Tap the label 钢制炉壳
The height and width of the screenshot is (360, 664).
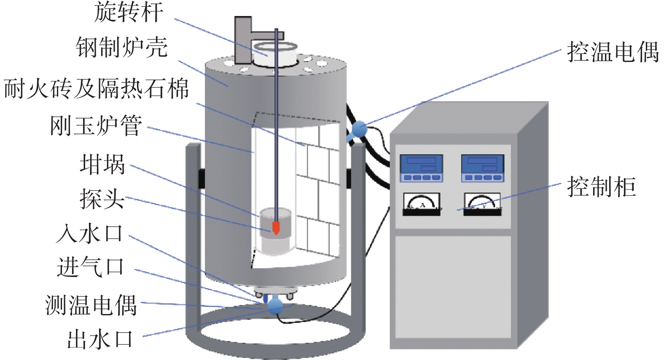(x=122, y=47)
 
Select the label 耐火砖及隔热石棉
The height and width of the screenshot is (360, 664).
(x=96, y=89)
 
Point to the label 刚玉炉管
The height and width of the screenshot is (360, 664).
(x=96, y=126)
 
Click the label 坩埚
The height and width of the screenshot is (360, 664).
(x=102, y=164)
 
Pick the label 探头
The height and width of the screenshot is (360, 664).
(x=102, y=199)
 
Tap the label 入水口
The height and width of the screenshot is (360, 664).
(x=90, y=234)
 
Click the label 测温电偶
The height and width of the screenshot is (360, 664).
(x=91, y=305)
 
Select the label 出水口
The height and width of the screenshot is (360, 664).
(x=100, y=340)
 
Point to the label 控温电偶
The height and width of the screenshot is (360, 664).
(x=613, y=52)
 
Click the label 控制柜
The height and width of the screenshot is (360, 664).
(x=601, y=187)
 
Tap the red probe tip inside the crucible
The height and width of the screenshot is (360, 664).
(x=276, y=228)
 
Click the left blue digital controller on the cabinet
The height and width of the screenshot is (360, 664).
(x=421, y=168)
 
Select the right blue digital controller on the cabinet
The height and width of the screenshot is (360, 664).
(x=483, y=168)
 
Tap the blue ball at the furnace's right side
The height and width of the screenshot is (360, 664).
(x=359, y=129)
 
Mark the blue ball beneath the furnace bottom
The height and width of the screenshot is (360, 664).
(x=275, y=305)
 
